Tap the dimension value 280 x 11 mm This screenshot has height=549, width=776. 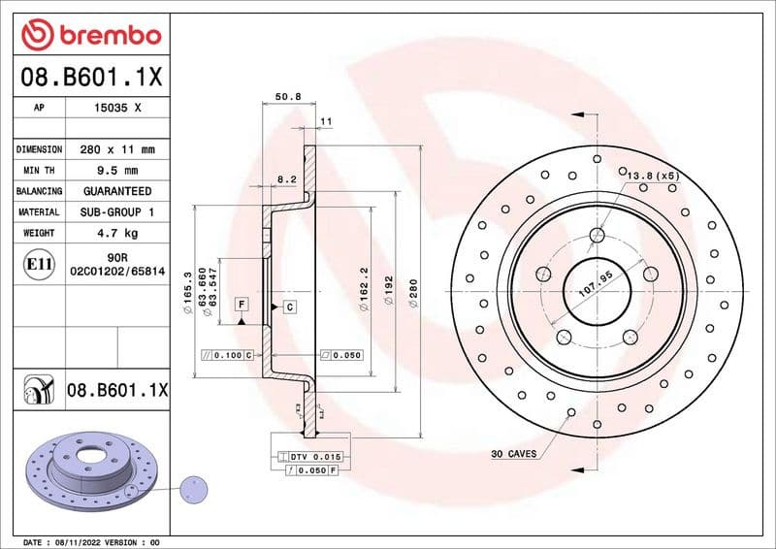117,150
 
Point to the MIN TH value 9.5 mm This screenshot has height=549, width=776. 117,171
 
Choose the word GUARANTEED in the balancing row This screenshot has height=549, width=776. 117,191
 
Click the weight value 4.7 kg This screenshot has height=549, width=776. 117,233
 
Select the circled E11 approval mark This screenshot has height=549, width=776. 39,262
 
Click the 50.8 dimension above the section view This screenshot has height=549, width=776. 288,97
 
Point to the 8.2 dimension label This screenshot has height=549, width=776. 286,179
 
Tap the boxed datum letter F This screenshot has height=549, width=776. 240,305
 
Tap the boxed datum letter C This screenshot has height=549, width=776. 289,307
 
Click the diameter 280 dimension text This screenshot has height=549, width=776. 412,294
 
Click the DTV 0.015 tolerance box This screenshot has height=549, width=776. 310,456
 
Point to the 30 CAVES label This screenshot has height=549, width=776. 513,454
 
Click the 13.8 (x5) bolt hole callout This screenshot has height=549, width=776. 652,176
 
